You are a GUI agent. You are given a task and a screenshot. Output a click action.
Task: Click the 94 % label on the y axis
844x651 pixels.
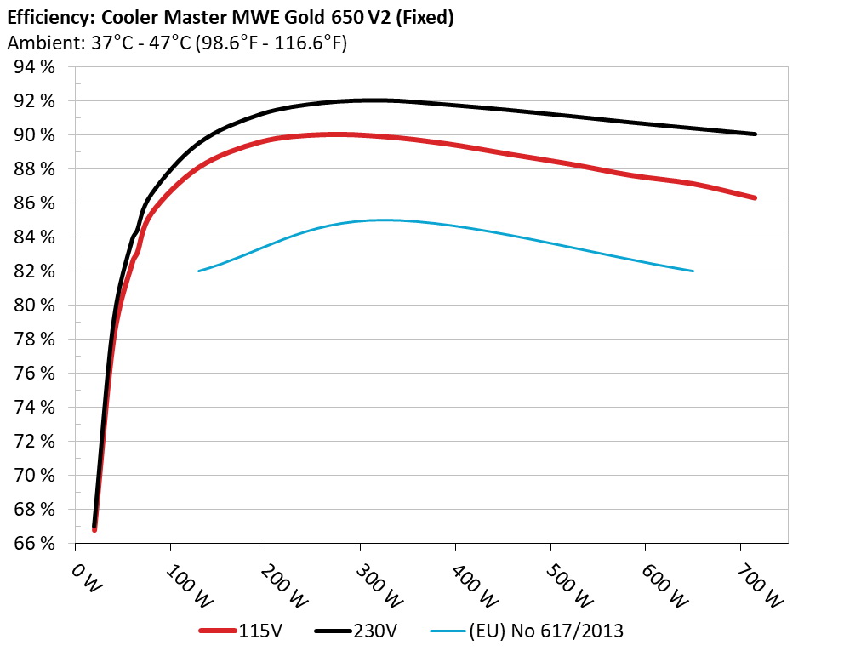point(33,67)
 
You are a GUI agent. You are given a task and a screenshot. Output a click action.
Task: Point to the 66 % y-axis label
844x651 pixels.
point(33,543)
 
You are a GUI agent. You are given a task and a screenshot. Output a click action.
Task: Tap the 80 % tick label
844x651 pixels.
point(33,305)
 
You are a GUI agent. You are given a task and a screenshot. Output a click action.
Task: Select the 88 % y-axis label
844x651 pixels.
point(33,168)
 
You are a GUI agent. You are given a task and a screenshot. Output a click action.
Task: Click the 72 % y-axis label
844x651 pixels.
point(33,441)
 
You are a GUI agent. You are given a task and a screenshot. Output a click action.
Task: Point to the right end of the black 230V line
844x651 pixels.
point(755,134)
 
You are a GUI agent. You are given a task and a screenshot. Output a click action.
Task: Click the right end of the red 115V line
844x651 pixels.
point(755,197)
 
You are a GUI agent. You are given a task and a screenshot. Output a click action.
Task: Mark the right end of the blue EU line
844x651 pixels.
point(693,271)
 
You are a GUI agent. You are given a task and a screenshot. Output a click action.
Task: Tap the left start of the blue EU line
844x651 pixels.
point(198,271)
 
